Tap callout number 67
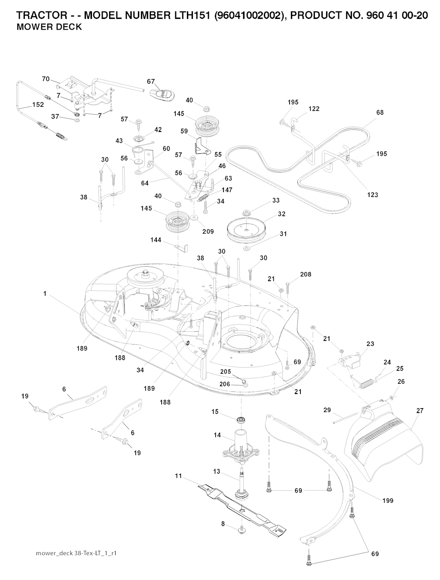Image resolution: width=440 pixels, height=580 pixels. (151, 82)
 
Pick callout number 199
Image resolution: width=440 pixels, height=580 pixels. (388, 501)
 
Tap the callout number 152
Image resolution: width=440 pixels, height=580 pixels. (38, 104)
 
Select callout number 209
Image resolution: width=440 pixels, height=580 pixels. (208, 231)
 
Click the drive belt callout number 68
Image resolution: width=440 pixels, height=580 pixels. (379, 113)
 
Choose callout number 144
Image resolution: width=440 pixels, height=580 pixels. (156, 240)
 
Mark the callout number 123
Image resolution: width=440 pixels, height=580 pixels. (373, 195)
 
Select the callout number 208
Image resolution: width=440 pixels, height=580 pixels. (306, 274)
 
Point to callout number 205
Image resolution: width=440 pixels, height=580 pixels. (226, 372)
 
